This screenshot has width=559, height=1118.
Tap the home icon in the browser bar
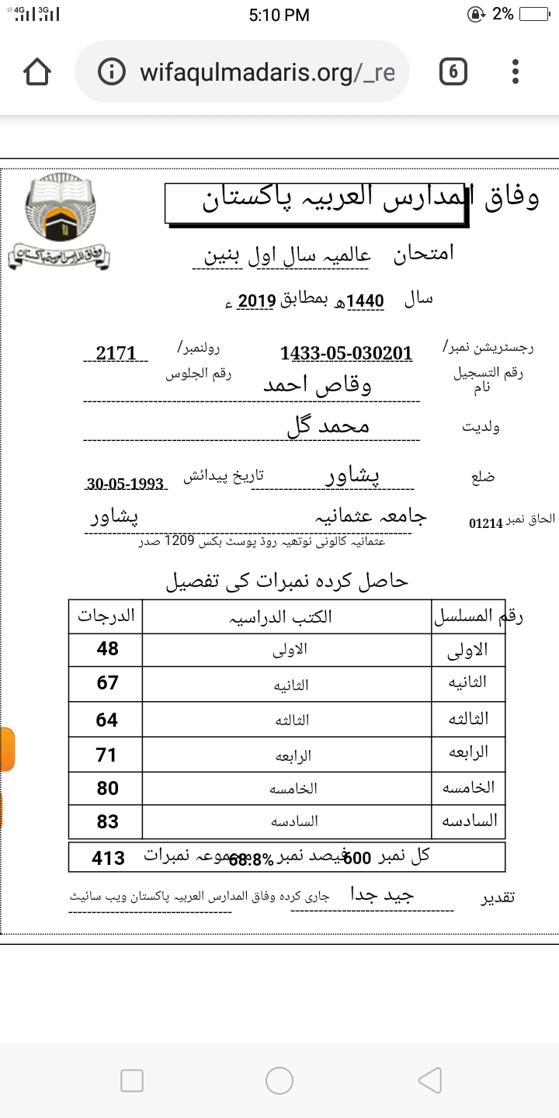37,72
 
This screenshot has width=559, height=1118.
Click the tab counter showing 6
453,72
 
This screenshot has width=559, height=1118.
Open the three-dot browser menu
516,72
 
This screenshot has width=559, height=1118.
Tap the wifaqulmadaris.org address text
267,72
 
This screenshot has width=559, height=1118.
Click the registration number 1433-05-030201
346,353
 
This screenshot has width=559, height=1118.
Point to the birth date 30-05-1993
125,484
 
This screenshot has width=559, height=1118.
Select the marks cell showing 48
107,649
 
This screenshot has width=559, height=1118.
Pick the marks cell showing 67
107,683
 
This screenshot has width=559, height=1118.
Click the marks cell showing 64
107,720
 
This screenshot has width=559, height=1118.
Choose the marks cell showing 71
107,754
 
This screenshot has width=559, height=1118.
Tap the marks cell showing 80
107,788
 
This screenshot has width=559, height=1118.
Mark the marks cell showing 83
107,821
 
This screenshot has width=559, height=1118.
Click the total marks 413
108,858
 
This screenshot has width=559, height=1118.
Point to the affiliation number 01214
486,523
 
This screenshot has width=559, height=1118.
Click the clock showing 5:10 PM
279,15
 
